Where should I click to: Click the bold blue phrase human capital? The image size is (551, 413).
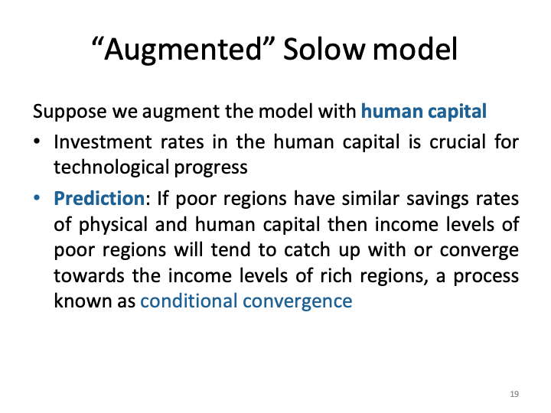(423, 112)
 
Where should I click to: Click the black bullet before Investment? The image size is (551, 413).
(37, 142)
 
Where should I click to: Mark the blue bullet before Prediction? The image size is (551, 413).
(37, 199)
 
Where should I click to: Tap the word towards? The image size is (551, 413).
(85, 275)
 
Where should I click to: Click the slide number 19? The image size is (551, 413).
(514, 394)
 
